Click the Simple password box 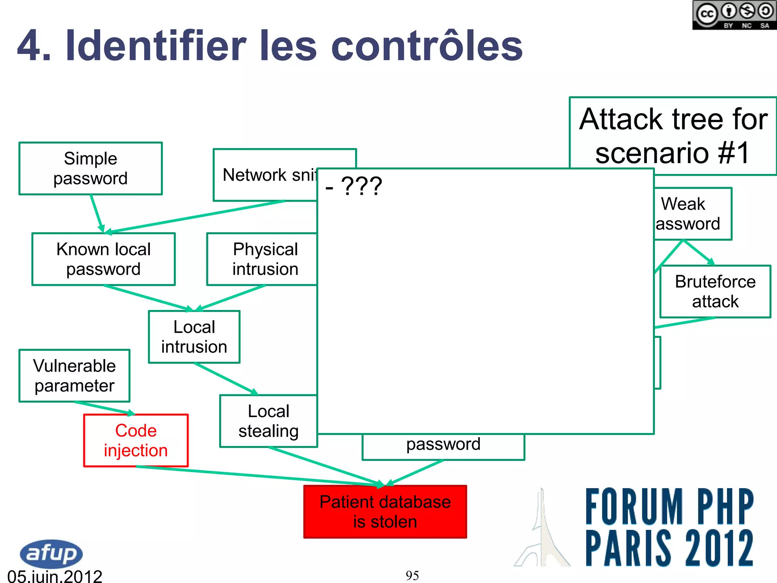click(x=90, y=169)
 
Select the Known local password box click(x=103, y=259)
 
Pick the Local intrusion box click(x=194, y=337)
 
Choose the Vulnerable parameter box click(x=74, y=376)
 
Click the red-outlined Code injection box click(x=136, y=440)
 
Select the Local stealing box click(x=269, y=421)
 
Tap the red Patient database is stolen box click(x=385, y=512)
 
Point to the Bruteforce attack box click(x=715, y=291)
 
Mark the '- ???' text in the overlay click(x=354, y=186)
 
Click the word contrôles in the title click(x=427, y=46)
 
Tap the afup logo click(x=51, y=553)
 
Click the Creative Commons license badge click(x=735, y=15)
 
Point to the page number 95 click(x=412, y=575)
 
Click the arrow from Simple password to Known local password click(x=97, y=213)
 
